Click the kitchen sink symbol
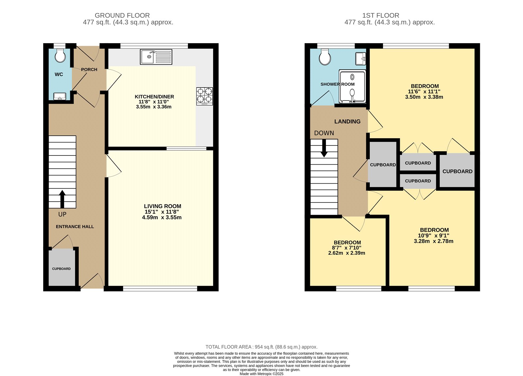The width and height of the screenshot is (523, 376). [156, 57]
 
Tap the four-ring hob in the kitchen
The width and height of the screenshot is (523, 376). [205, 96]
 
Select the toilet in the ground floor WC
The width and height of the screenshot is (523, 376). [60, 56]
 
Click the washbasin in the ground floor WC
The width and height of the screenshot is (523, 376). [60, 96]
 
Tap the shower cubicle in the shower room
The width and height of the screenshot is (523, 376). [352, 87]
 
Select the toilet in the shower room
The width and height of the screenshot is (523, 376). [325, 57]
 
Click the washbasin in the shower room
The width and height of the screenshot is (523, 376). [361, 59]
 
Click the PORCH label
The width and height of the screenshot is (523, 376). [89, 70]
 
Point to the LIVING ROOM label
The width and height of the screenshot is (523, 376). [162, 206]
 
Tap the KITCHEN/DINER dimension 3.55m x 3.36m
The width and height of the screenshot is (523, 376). [154, 107]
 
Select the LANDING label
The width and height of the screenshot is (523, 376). [347, 122]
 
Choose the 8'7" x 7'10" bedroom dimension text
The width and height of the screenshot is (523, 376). [347, 248]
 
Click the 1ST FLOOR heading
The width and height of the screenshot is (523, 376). [380, 15]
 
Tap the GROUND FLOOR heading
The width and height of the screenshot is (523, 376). [122, 15]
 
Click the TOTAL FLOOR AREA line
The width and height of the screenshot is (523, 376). [261, 347]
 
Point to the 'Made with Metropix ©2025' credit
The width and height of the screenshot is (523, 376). [261, 374]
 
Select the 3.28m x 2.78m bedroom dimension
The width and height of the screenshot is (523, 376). [433, 241]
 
